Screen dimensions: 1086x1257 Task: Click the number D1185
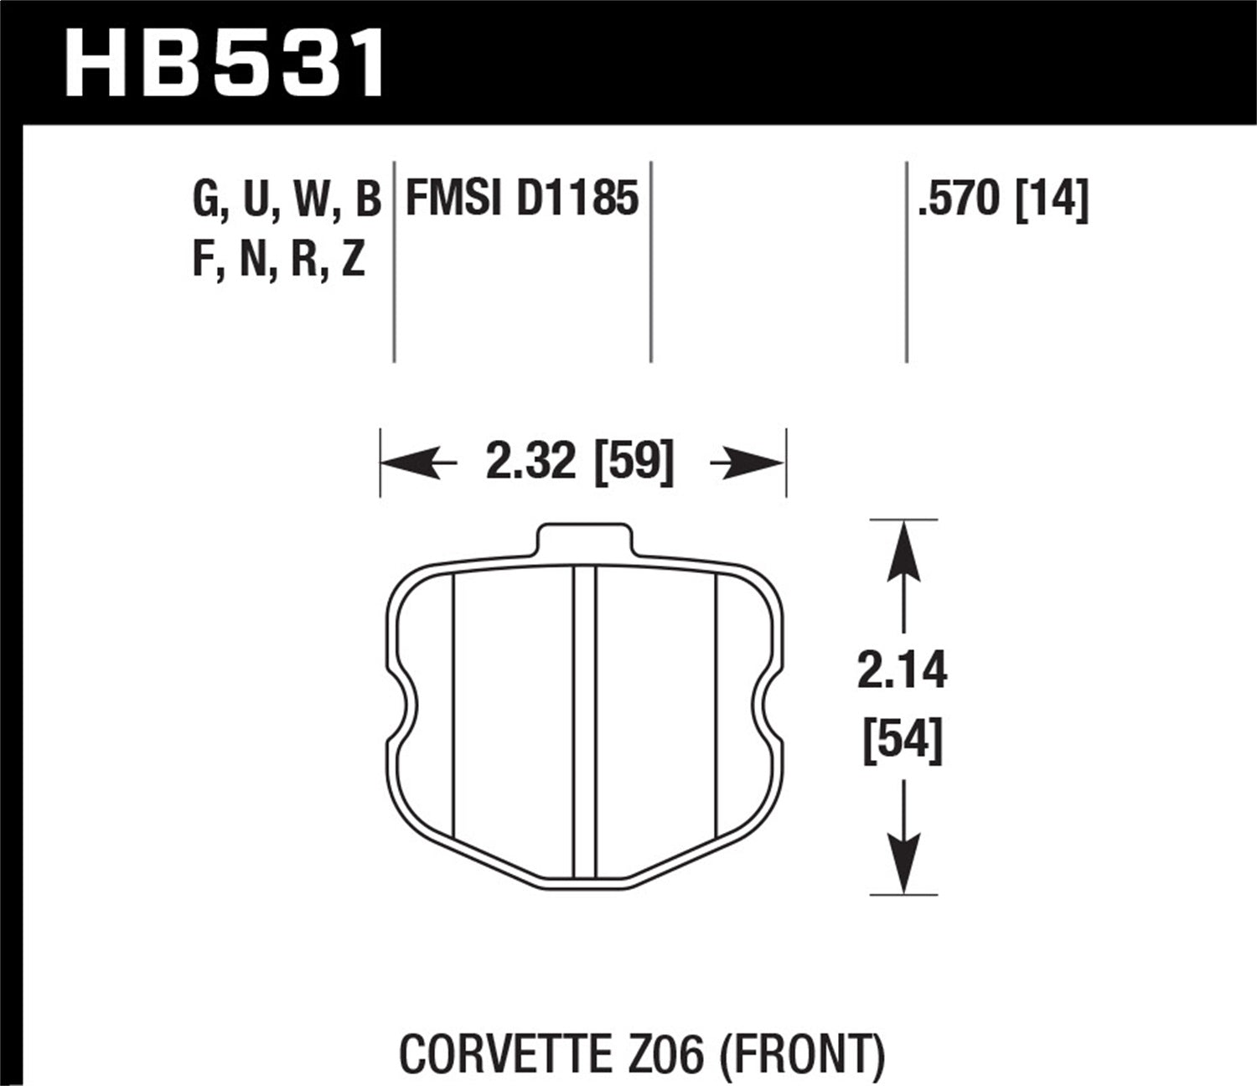coord(577,200)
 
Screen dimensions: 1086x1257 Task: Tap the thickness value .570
coord(960,200)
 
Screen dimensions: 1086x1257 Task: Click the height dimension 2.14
coord(902,672)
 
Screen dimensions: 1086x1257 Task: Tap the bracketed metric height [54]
coord(903,740)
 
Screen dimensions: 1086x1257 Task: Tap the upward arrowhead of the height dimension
coord(903,550)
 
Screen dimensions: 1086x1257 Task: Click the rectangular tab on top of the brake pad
coord(582,539)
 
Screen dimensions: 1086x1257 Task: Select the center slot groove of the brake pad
coord(584,721)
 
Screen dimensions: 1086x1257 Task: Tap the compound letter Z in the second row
coord(353,261)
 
